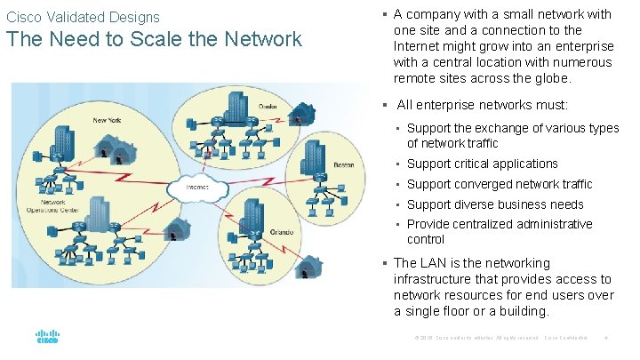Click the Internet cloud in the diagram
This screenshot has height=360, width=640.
(x=198, y=188)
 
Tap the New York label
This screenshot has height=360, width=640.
(x=106, y=119)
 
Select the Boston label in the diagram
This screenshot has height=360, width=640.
(x=343, y=164)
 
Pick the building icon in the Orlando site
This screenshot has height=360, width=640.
(x=253, y=213)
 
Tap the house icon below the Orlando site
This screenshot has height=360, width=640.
(x=308, y=268)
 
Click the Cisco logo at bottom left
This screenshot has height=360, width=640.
(x=47, y=337)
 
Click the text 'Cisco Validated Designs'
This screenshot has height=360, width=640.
(x=84, y=17)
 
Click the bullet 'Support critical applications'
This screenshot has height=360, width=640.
(x=482, y=164)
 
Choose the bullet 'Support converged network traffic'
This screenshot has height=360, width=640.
(x=499, y=184)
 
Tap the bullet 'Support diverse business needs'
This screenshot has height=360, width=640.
(x=495, y=204)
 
